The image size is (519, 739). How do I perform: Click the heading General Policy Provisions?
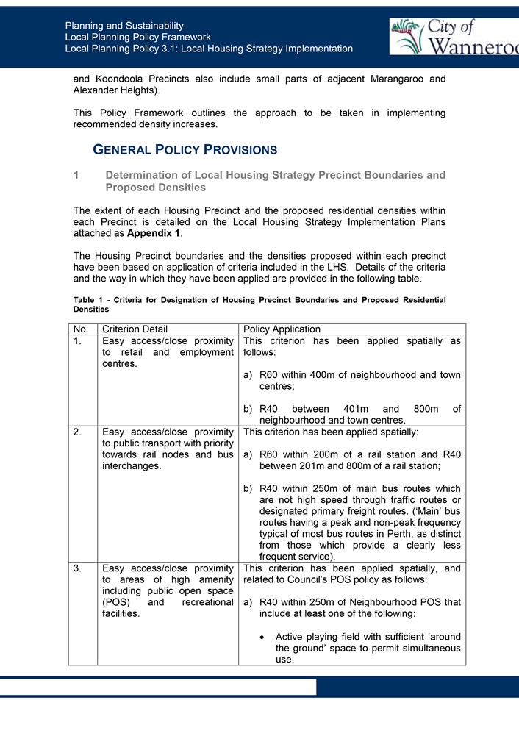185,150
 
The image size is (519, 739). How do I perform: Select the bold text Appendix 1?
154,233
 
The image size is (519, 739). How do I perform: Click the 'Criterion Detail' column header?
135,329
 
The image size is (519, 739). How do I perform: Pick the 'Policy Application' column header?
282,329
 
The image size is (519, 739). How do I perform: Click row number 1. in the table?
78,341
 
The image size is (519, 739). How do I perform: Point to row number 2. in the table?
78,432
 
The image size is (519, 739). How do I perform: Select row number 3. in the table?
78,568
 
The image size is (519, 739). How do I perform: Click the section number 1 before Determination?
76,175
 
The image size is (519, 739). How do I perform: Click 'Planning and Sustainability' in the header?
124,26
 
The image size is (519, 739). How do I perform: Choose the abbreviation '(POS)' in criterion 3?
116,601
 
